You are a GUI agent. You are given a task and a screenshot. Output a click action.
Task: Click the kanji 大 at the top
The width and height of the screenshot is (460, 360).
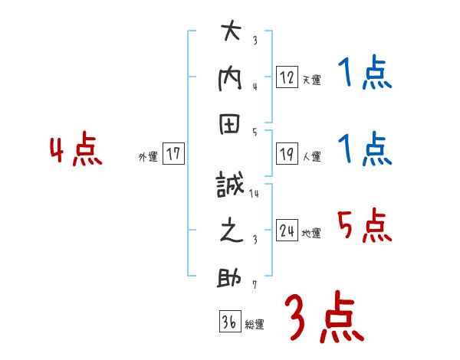pyautogui.click(x=231, y=32)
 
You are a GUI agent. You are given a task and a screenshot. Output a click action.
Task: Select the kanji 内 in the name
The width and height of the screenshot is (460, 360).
pyautogui.click(x=231, y=79)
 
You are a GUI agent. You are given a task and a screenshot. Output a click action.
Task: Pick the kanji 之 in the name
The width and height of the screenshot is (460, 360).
pyautogui.click(x=231, y=231)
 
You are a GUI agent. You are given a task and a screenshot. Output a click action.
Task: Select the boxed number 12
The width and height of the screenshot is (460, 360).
pyautogui.click(x=287, y=77)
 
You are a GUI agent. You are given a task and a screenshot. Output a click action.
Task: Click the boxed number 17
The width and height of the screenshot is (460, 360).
pyautogui.click(x=174, y=154)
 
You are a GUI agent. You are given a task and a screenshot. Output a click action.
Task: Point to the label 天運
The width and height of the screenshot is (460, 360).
pyautogui.click(x=312, y=80)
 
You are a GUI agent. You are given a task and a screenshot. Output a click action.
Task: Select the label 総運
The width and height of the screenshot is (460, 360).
pyautogui.click(x=255, y=325)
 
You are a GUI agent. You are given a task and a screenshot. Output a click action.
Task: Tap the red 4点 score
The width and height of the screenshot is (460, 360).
pyautogui.click(x=76, y=151)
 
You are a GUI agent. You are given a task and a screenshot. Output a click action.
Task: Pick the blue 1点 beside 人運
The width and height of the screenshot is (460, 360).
pyautogui.click(x=365, y=149)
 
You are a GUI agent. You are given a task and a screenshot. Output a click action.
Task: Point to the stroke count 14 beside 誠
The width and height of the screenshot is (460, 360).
pyautogui.click(x=254, y=195)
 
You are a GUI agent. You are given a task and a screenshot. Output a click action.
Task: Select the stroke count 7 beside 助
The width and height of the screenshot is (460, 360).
pyautogui.click(x=255, y=286)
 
